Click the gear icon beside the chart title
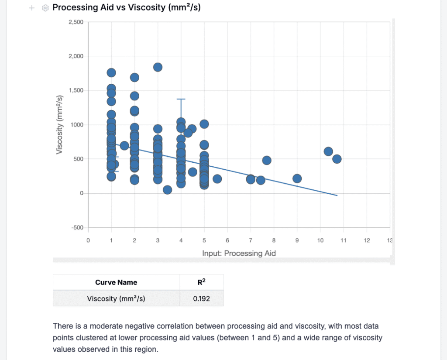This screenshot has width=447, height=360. pos(45,8)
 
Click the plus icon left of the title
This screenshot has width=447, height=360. pos(32,8)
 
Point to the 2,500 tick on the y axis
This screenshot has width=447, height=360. pos(76,22)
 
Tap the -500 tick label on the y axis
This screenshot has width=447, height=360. pos(78,227)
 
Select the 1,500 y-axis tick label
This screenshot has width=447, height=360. pos(76,90)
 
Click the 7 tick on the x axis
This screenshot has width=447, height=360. pos(251,240)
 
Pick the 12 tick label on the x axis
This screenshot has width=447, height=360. pos(367,240)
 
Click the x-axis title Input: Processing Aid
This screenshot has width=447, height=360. pos(239,253)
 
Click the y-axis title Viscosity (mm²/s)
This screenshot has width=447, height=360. pos(59,125)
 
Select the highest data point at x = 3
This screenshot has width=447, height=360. pos(158,67)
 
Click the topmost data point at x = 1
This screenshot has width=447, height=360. pos(111,73)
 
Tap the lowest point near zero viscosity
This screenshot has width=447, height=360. pos(167,190)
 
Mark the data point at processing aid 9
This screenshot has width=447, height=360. pos(297,178)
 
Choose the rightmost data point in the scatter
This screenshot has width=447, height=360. pos(337,159)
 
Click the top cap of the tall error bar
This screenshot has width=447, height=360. pos(181,99)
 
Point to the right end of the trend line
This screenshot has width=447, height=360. pos(337,195)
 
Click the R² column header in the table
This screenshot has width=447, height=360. pos(202,282)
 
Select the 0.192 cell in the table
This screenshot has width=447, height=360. pos(202,298)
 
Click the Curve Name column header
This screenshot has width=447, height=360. pos(116,282)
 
